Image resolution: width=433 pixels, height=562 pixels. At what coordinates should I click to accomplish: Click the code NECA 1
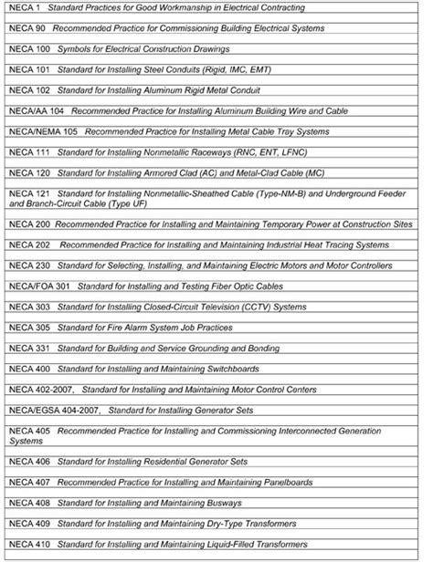[x=25, y=8]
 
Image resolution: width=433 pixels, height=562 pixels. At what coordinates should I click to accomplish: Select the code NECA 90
[x=27, y=28]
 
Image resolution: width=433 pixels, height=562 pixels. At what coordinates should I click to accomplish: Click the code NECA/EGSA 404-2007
[x=53, y=410]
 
